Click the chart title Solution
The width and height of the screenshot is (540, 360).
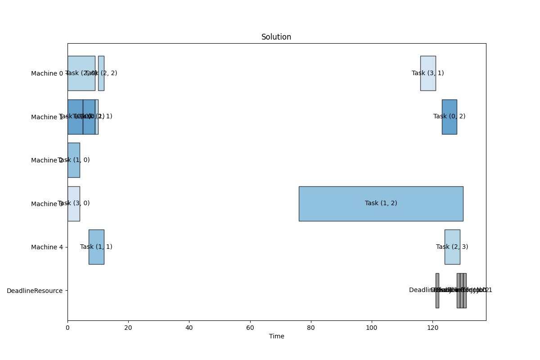pyautogui.click(x=276, y=37)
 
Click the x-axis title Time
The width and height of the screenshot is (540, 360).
pyautogui.click(x=276, y=336)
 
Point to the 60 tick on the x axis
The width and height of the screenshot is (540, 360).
pyautogui.click(x=250, y=321)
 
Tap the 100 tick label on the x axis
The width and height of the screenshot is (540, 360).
pyautogui.click(x=372, y=328)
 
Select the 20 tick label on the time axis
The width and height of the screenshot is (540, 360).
pyautogui.click(x=128, y=328)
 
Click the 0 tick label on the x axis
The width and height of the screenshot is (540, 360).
pyautogui.click(x=67, y=328)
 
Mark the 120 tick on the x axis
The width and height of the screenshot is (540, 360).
pyautogui.click(x=432, y=321)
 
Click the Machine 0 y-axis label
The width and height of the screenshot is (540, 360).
pyautogui.click(x=47, y=73)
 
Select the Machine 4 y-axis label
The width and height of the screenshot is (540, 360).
pyautogui.click(x=47, y=247)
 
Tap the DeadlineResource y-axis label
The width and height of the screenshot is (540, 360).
pyautogui.click(x=35, y=291)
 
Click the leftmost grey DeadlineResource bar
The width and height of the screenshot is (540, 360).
pyautogui.click(x=437, y=291)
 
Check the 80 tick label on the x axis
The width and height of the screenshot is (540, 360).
pyautogui.click(x=311, y=328)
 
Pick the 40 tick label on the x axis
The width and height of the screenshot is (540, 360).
pyautogui.click(x=189, y=328)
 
